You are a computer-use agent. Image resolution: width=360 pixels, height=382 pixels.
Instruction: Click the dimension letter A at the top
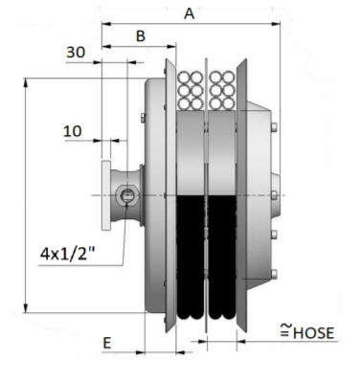point(190,13)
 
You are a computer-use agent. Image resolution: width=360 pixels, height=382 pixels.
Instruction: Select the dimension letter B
point(141,36)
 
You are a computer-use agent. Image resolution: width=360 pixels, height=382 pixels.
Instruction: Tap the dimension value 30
point(76,52)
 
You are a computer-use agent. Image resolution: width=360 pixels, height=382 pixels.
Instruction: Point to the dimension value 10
point(73,131)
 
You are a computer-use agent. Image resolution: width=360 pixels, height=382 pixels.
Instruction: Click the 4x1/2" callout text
point(68,254)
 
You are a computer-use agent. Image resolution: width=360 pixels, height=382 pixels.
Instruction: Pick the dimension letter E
point(107,344)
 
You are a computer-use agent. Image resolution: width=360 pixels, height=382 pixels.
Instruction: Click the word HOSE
point(313,333)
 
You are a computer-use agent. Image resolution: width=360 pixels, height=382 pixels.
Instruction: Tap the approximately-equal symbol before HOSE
point(286,330)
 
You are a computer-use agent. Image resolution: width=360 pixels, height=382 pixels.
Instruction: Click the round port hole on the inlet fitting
point(127,195)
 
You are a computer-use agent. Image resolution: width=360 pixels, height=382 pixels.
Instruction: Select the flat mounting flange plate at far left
point(106,195)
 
